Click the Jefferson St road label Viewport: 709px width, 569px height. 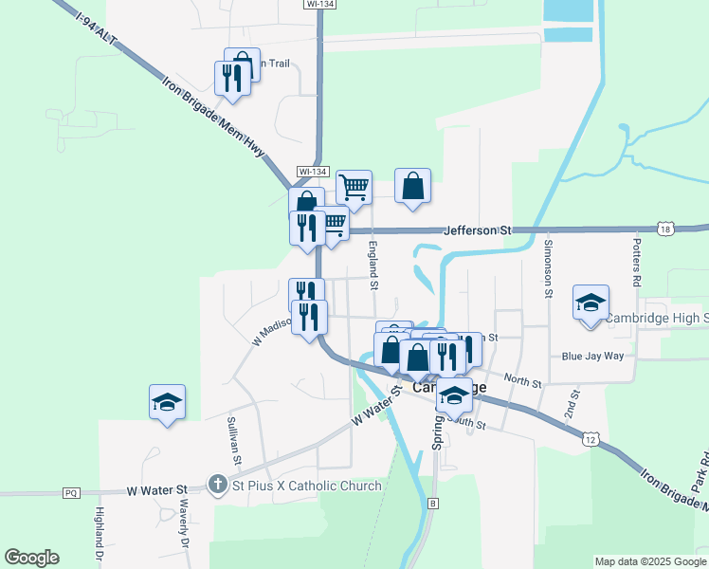pos(478,230)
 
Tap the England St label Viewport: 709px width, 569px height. pos(373,266)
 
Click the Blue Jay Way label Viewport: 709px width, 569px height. pos(592,357)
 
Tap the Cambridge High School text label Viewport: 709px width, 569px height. pos(657,318)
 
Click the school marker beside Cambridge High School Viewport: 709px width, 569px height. pos(591,304)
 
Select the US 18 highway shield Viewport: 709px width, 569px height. pos(667,229)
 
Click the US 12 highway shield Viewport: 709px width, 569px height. pos(591,439)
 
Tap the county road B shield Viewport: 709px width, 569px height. pos(433,502)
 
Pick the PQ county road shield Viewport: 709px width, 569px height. pos(71,493)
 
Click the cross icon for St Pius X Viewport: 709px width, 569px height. pos(217,486)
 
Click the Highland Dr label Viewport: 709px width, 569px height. pos(98,532)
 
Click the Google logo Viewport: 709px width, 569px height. pos(32,558)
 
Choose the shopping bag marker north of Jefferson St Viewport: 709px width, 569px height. pos(413,186)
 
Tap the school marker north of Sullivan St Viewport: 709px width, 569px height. pos(167,403)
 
